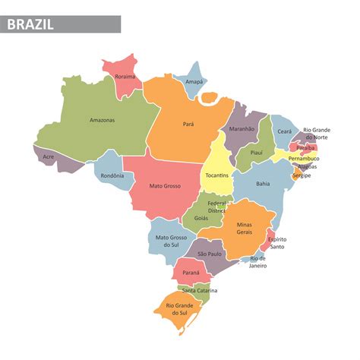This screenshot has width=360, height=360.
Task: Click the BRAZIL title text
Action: (x=31, y=24)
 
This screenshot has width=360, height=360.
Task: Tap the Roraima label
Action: (x=125, y=77)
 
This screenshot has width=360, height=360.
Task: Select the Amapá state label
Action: (x=194, y=81)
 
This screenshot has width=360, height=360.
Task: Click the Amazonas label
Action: (x=102, y=120)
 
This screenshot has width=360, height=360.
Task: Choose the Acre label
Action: (x=49, y=157)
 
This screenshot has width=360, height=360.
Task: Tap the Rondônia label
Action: (x=112, y=177)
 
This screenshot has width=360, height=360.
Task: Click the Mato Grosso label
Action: (x=164, y=186)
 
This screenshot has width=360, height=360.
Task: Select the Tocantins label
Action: (x=217, y=175)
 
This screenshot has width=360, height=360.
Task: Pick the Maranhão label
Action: (x=242, y=129)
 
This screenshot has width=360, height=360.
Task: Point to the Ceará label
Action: (x=284, y=131)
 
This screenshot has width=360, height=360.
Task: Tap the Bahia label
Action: (x=263, y=183)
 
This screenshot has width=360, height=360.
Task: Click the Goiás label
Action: (x=201, y=218)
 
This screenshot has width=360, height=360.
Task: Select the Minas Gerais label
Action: (x=244, y=229)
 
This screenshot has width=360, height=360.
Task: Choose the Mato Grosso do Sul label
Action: (x=172, y=242)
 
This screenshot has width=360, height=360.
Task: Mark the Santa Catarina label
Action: (x=200, y=291)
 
